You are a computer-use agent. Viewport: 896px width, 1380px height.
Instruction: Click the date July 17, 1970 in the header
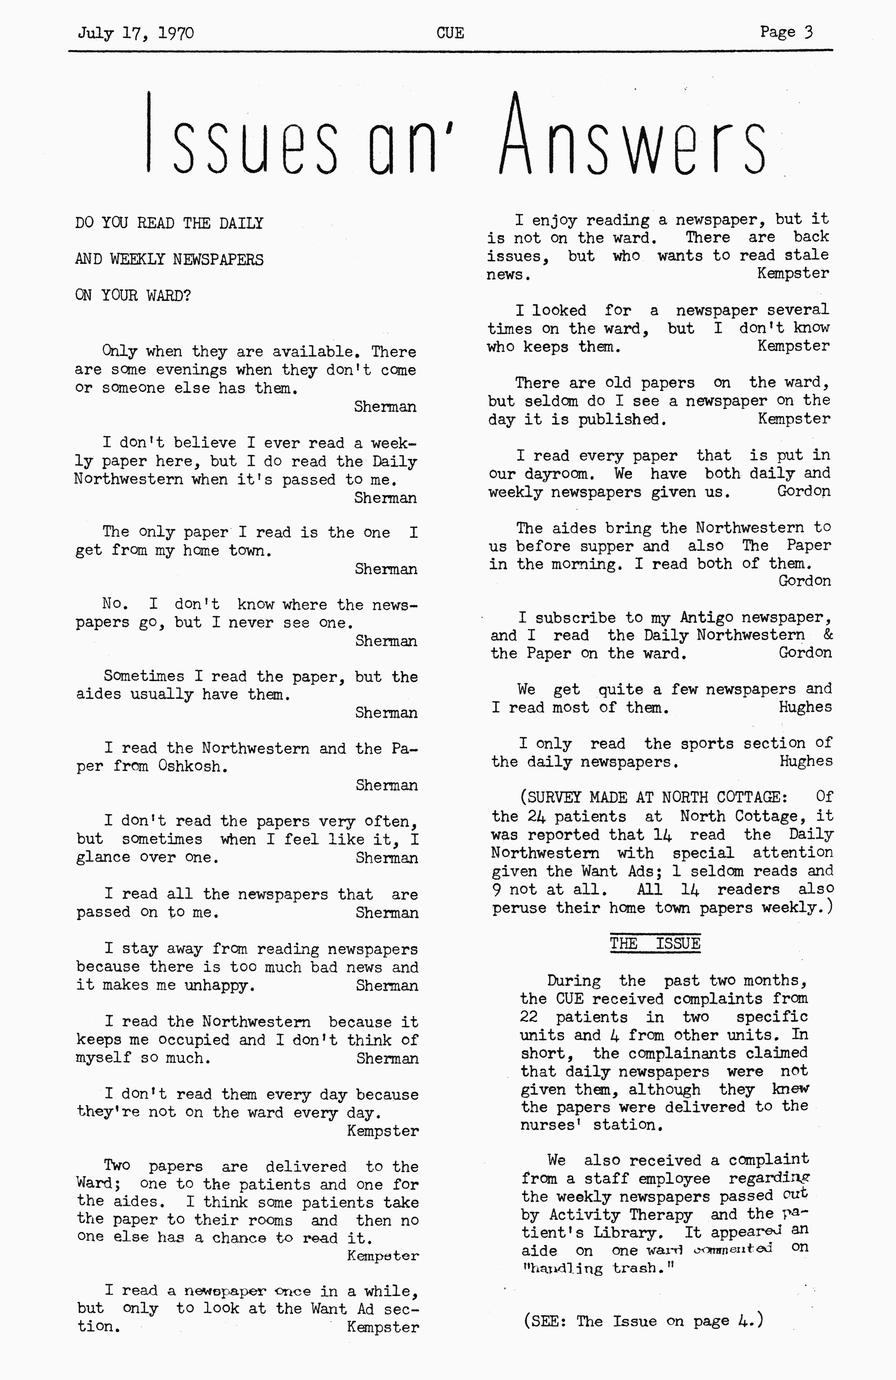point(136,32)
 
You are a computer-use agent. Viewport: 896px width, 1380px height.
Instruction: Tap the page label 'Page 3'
point(786,32)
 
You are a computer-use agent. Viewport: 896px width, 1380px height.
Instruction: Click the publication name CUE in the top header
point(450,32)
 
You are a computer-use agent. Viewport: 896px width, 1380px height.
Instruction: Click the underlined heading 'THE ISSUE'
point(655,944)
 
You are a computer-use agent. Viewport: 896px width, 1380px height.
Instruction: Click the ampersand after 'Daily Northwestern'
point(827,635)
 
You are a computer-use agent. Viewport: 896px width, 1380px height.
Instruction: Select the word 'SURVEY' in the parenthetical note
point(563,797)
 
